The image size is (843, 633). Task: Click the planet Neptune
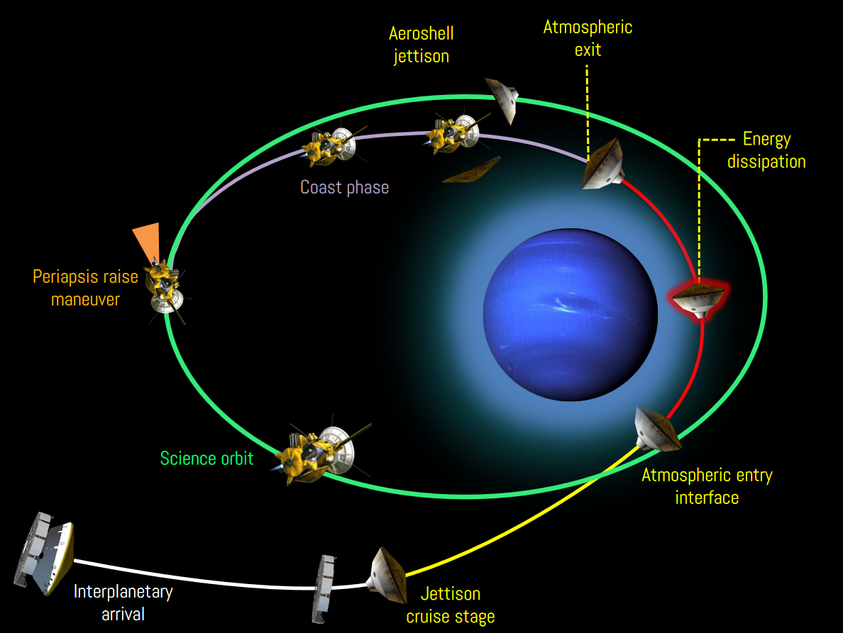tap(571, 315)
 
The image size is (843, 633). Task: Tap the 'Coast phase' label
tap(344, 187)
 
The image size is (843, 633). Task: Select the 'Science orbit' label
tap(206, 459)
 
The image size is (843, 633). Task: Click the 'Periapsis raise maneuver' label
tap(85, 288)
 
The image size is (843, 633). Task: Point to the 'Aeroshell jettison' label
tap(421, 45)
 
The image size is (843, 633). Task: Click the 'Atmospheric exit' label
tap(588, 38)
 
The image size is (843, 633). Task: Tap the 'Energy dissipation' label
tap(766, 150)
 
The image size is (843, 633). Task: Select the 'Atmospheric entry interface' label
tap(707, 486)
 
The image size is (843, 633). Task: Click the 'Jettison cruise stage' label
tap(451, 605)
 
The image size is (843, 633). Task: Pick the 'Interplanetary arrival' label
tap(123, 603)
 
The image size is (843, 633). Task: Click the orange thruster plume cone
tap(147, 242)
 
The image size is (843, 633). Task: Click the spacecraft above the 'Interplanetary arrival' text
tap(43, 553)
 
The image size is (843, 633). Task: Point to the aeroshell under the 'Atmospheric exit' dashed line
tap(603, 165)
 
